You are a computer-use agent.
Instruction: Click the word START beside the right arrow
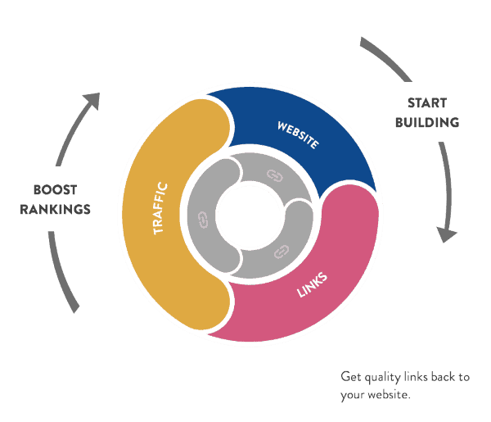(427, 104)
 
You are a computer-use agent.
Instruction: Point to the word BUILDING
(427, 122)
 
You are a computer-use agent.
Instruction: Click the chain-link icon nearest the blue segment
(273, 175)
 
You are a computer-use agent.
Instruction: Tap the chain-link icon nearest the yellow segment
(203, 219)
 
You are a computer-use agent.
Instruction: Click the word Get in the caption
(350, 378)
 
